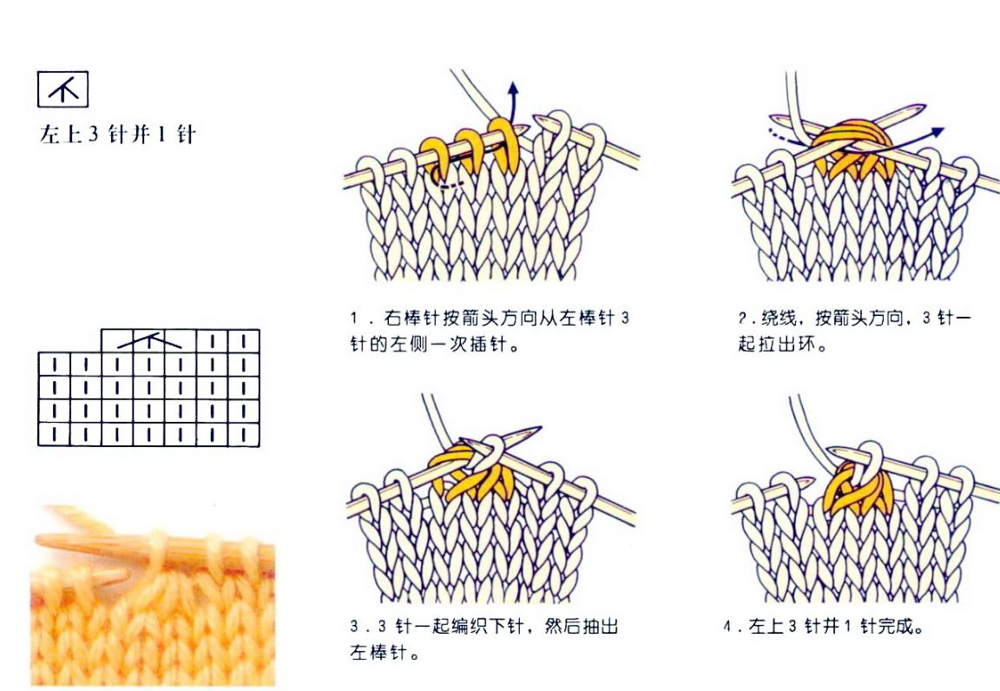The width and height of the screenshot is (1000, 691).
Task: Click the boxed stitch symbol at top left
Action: click(63, 89)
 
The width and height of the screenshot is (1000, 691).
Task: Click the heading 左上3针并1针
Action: click(117, 135)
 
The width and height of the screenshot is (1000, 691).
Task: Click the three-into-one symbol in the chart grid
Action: click(149, 340)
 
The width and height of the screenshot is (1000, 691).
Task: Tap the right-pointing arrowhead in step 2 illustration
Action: click(937, 131)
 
